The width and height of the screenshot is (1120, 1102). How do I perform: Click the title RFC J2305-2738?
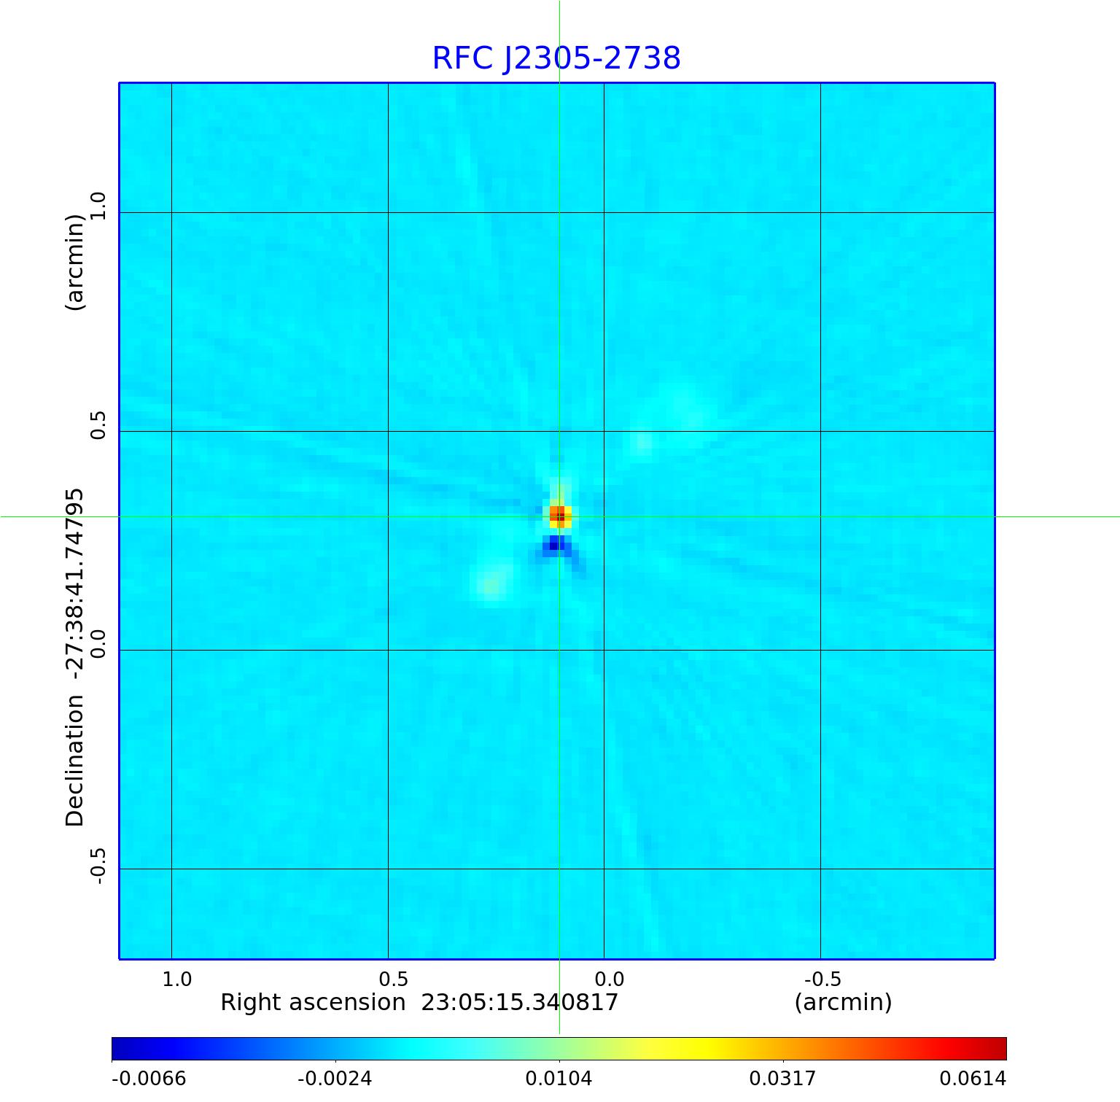[556, 58]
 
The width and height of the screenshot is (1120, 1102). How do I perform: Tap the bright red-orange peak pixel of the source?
[559, 516]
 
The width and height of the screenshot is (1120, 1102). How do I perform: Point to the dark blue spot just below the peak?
[554, 543]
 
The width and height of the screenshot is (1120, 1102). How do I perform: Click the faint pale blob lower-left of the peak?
[491, 586]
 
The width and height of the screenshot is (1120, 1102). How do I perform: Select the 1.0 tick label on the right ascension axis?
[177, 979]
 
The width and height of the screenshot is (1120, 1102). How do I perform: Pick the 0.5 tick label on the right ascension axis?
[394, 979]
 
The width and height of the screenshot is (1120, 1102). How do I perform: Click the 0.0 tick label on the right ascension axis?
[610, 979]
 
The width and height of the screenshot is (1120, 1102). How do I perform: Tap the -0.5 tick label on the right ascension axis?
[822, 979]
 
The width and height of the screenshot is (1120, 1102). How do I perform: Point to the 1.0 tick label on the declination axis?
[98, 206]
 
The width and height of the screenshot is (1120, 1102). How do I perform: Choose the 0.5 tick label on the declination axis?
[98, 424]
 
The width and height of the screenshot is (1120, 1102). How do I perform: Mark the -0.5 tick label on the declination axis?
[98, 866]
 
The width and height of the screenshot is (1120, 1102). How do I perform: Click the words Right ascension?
[313, 1003]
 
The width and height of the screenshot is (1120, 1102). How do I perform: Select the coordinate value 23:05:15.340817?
[520, 1003]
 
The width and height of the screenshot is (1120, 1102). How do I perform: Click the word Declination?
[75, 760]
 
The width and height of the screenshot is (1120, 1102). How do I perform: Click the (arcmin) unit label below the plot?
[843, 1003]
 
